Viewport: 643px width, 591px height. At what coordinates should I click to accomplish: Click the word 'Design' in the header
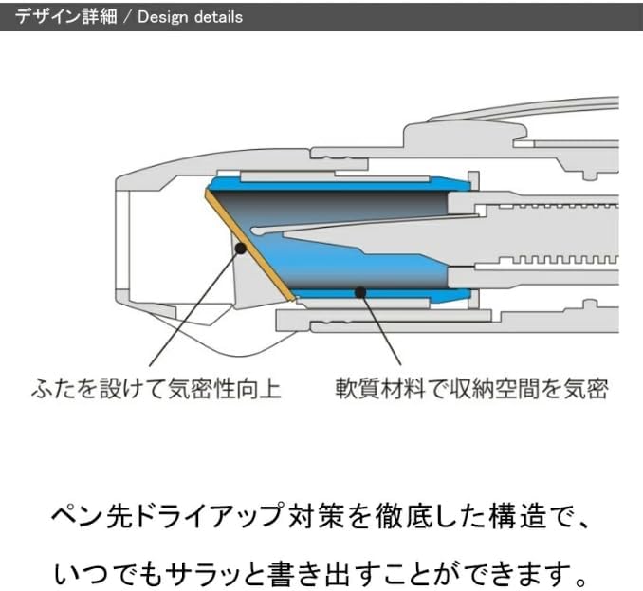coord(162,17)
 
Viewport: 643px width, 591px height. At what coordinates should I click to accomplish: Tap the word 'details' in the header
coord(215,17)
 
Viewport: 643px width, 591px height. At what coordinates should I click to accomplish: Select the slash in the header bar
coord(128,17)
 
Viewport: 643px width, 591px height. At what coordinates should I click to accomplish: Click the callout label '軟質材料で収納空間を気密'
coord(471,388)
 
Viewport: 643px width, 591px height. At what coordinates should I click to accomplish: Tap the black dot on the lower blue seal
coord(360,292)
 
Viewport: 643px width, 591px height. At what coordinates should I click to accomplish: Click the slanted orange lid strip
coord(250,246)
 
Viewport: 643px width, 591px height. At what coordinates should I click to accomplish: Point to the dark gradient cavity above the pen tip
coord(351,204)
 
